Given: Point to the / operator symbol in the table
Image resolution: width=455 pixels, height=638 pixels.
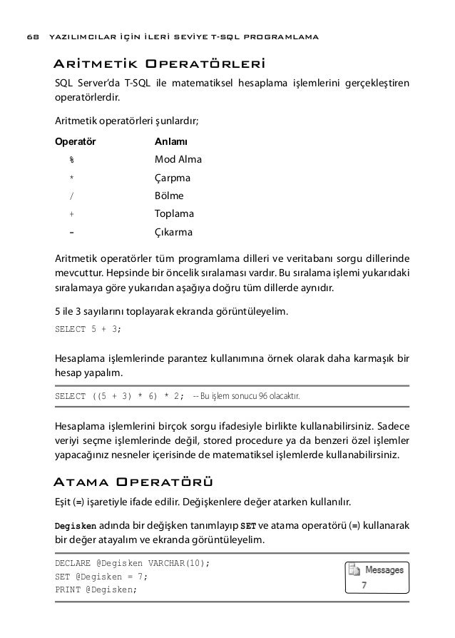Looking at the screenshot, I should (x=71, y=196).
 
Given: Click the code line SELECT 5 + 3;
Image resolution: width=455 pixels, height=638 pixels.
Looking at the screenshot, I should (x=88, y=329).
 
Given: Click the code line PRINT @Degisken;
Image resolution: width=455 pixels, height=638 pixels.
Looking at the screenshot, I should (x=95, y=589).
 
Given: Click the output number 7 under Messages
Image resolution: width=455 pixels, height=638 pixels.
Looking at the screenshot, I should (x=364, y=587).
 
